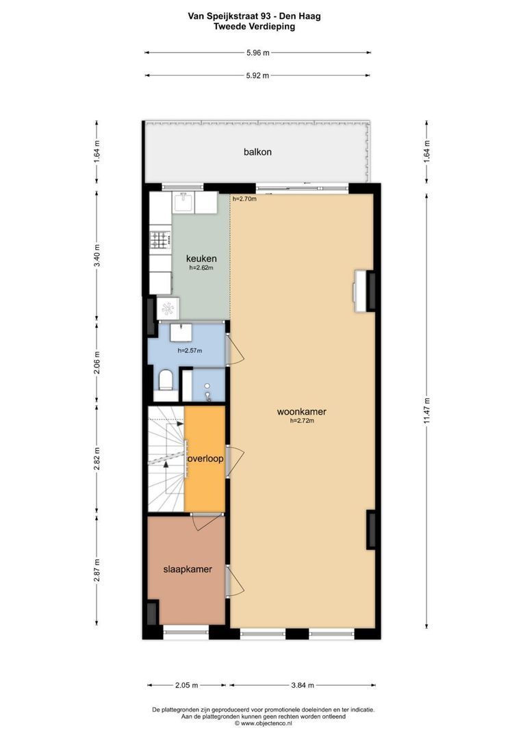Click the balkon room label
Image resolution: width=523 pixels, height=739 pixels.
pyautogui.click(x=257, y=152)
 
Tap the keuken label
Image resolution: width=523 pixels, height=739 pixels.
pyautogui.click(x=201, y=258)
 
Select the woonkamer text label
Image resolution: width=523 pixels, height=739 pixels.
pyautogui.click(x=302, y=411)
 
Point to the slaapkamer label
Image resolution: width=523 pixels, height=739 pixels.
pyautogui.click(x=188, y=569)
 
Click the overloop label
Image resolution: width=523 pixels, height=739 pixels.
pyautogui.click(x=205, y=458)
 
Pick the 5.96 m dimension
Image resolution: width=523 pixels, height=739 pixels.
pyautogui.click(x=258, y=53)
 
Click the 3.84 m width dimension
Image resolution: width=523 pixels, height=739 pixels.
pyautogui.click(x=303, y=685)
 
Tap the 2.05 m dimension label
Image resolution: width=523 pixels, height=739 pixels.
pyautogui.click(x=186, y=685)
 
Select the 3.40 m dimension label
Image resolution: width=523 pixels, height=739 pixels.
pyautogui.click(x=97, y=255)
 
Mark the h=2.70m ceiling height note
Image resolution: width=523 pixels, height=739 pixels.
pyautogui.click(x=244, y=198)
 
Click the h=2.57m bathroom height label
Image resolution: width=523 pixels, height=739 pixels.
pyautogui.click(x=190, y=350)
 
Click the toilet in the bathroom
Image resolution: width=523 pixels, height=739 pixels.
pyautogui.click(x=166, y=380)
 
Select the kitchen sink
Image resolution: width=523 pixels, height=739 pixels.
pyautogui.click(x=184, y=203)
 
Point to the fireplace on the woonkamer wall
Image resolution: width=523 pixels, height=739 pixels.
pyautogui.click(x=360, y=290)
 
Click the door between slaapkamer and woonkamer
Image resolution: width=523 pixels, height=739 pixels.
pyautogui.click(x=234, y=580)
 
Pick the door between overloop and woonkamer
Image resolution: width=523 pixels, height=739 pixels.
pyautogui.click(x=234, y=462)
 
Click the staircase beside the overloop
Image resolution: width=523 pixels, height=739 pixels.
pyautogui.click(x=166, y=458)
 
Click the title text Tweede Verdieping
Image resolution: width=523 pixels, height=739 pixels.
pyautogui.click(x=254, y=27)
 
